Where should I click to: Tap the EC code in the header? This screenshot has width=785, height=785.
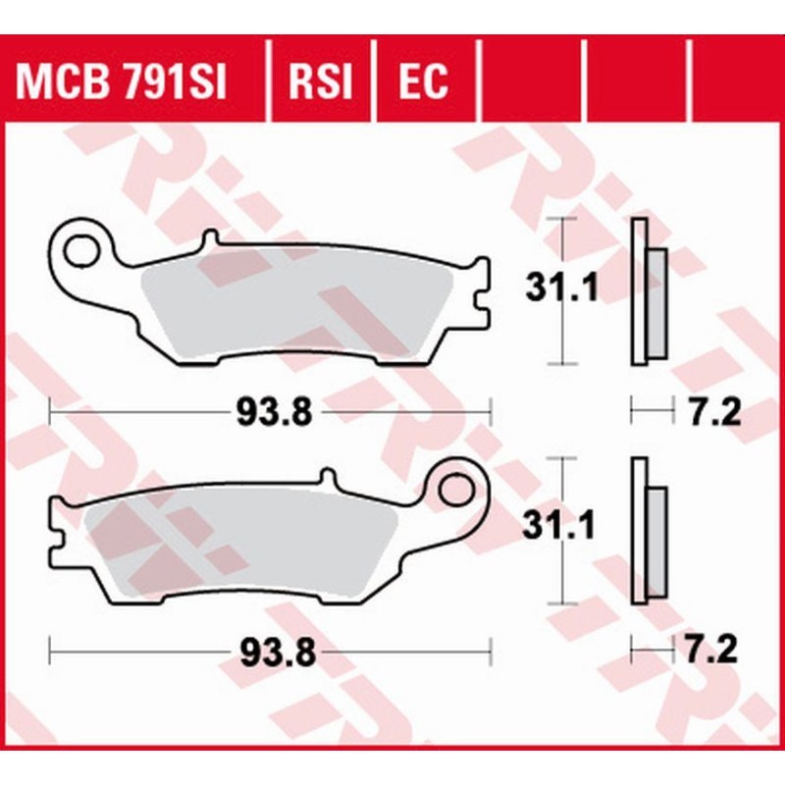point(422,83)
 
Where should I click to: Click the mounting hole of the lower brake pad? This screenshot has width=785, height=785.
point(457,488)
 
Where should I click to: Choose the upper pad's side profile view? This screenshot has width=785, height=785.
point(648,292)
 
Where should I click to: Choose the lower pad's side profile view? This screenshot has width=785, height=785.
point(648,532)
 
